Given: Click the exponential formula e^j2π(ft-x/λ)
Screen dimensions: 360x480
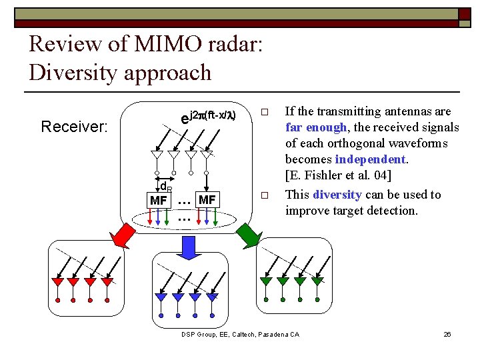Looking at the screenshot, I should tap(209, 117).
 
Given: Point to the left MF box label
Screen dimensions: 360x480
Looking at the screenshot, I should tap(159, 200).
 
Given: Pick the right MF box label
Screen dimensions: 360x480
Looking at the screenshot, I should tap(207, 199).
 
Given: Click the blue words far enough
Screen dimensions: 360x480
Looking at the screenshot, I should tap(316, 127).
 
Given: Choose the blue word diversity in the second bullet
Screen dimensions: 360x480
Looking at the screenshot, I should tap(337, 195).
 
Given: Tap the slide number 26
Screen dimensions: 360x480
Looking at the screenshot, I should tap(447, 333).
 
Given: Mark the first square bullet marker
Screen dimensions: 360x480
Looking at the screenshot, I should tap(263, 111).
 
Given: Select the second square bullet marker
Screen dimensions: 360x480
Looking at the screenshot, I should tap(263, 195).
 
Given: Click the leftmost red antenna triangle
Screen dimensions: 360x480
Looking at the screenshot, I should tap(57, 282).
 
